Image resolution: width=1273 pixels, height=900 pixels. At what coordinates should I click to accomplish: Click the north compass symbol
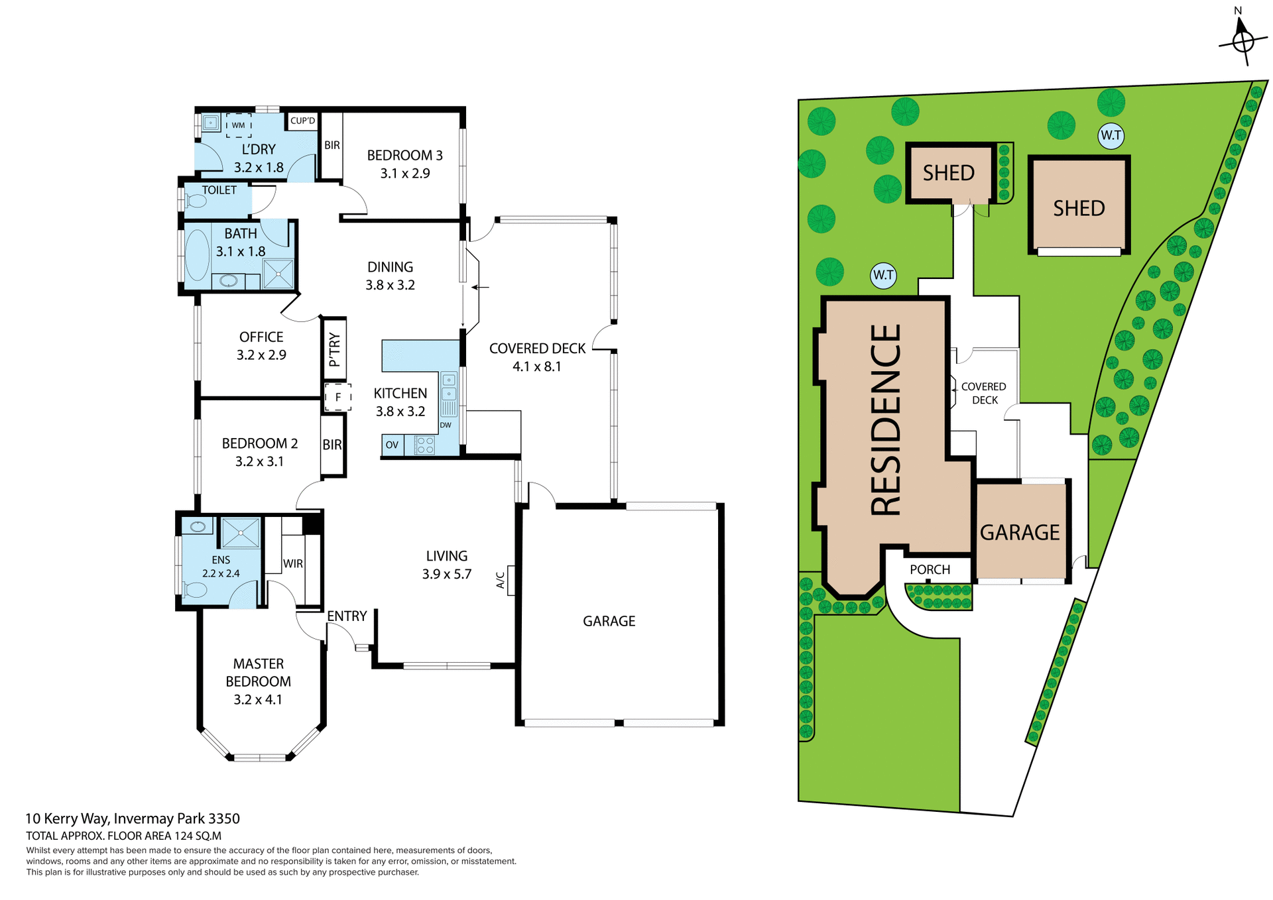(1243, 40)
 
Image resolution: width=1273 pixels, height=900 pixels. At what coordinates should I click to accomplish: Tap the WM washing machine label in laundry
(239, 125)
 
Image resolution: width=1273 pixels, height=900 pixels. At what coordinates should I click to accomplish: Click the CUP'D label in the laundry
(303, 121)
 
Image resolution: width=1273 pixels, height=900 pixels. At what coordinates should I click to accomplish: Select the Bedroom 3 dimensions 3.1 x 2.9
(404, 174)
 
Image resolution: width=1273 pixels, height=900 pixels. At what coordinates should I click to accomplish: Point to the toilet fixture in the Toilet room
(196, 201)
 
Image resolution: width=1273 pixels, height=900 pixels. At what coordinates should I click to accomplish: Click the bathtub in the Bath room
(197, 255)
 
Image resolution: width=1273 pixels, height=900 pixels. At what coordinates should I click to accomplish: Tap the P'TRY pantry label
(334, 349)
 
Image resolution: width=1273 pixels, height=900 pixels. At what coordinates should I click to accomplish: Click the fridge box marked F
(337, 397)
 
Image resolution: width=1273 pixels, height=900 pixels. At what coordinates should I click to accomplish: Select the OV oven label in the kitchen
(392, 445)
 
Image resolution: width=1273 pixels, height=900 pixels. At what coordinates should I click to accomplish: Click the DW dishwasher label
(446, 425)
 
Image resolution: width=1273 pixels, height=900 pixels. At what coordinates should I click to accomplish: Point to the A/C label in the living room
(501, 580)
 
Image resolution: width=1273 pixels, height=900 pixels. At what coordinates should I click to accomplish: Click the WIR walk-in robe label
(292, 563)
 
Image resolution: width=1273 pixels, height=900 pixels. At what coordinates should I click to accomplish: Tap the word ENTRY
(347, 616)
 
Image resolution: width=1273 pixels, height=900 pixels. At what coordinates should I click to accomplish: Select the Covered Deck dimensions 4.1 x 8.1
(536, 366)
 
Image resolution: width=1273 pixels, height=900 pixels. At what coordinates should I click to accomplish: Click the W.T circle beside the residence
(883, 275)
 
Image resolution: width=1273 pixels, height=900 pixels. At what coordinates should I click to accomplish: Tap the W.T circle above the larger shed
(1111, 136)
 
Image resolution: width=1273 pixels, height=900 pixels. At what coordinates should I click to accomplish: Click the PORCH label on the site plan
(930, 569)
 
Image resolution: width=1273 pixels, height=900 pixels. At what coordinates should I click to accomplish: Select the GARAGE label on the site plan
(1020, 532)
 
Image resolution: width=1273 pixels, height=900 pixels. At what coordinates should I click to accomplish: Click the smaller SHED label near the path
(948, 173)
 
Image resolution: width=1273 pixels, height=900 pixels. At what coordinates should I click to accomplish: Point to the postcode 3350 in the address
(224, 818)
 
